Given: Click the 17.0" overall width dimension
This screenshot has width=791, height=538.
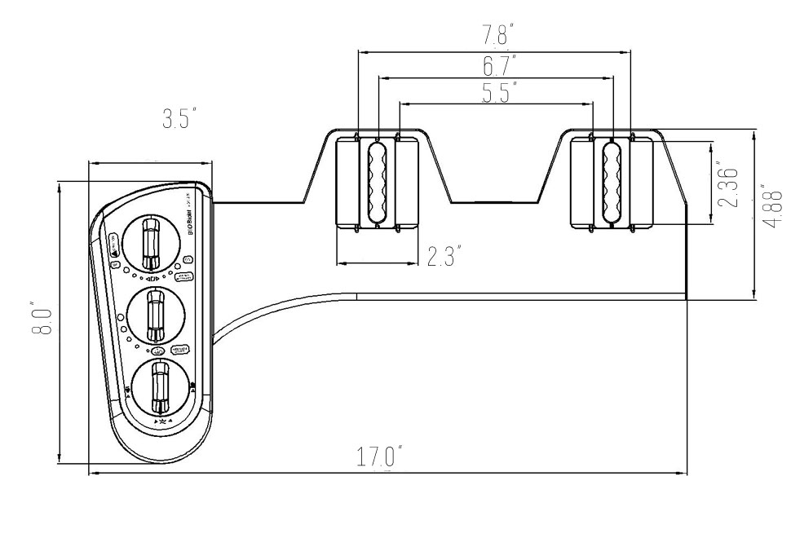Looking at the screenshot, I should [x=378, y=456].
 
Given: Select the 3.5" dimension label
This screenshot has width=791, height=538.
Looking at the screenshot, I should [x=180, y=120].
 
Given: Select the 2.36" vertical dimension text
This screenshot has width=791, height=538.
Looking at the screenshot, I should [x=731, y=187].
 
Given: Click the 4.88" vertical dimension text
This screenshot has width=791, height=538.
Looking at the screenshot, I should [x=771, y=208].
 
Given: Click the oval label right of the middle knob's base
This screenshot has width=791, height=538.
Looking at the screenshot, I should [x=180, y=349].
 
